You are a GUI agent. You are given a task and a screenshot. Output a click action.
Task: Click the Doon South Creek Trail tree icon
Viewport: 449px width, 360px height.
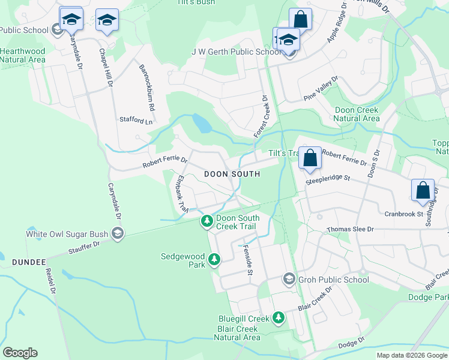click(207, 222)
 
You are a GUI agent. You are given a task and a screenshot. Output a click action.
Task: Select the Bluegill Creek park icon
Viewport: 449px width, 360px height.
click(278, 317)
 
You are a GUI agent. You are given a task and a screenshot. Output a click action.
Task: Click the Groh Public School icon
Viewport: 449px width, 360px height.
click(289, 280)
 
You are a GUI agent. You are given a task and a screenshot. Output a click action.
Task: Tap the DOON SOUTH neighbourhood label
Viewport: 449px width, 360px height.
click(232, 174)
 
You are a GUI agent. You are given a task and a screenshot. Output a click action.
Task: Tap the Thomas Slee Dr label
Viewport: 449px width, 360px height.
click(350, 230)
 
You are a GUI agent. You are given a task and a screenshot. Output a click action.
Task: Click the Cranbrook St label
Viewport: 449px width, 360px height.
click(404, 214)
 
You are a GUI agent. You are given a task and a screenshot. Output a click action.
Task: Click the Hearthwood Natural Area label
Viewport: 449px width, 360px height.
click(23, 55)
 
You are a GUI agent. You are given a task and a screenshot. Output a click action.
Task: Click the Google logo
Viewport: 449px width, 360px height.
click(20, 353)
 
